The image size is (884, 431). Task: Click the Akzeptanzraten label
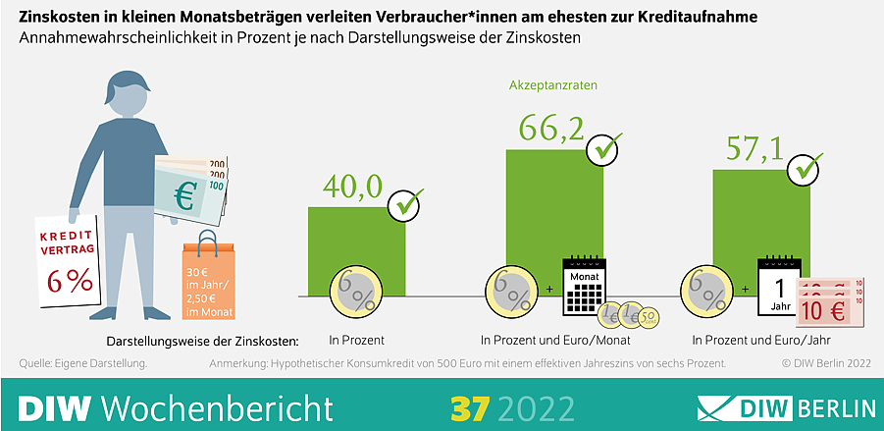pyautogui.click(x=553, y=85)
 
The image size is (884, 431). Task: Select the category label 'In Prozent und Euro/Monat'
pyautogui.click(x=555, y=341)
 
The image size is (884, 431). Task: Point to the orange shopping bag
pyautogui.click(x=208, y=281)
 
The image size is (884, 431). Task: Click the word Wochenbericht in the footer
pyautogui.click(x=217, y=405)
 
